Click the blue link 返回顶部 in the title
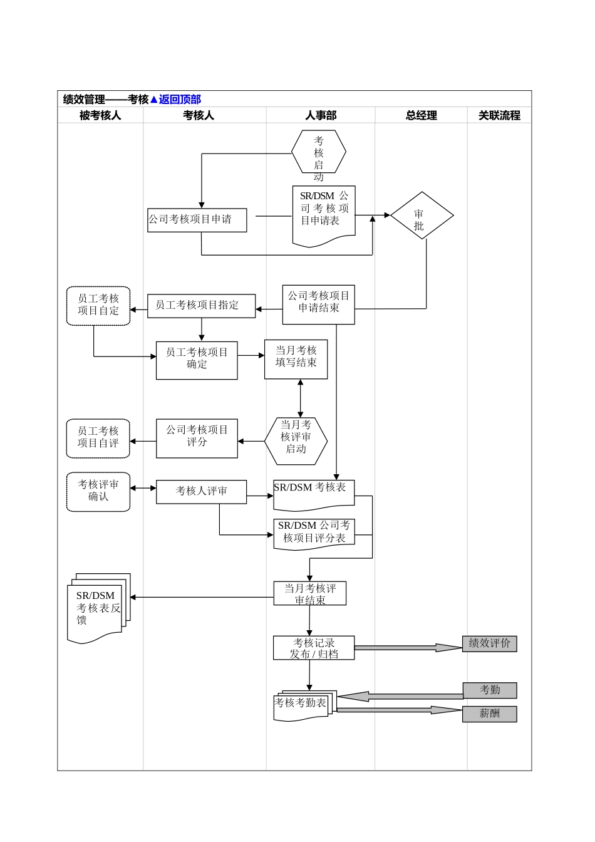(180, 99)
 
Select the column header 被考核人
(100, 115)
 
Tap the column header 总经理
(421, 115)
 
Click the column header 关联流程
(499, 115)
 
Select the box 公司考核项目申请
(197, 220)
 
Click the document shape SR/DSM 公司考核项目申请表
(324, 213)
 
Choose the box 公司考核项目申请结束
(318, 305)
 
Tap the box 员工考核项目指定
(201, 306)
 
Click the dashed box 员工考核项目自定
(98, 306)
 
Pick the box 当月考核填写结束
(296, 359)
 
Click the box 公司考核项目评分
(197, 438)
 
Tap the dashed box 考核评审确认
(98, 492)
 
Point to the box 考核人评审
(201, 492)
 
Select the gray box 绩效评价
(489, 643)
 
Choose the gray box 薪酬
(489, 714)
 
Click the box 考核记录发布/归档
(314, 648)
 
